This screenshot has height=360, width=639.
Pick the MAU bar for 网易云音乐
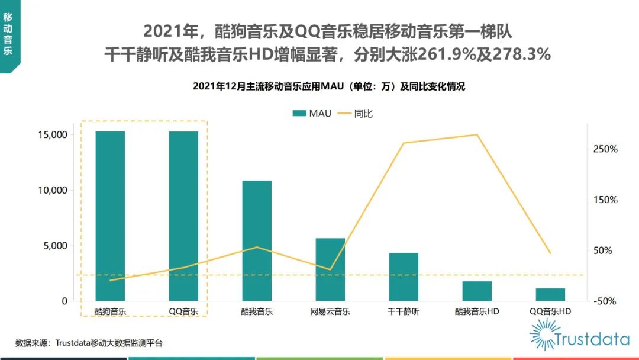pyautogui.click(x=330, y=269)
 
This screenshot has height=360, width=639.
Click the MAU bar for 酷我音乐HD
pyautogui.click(x=477, y=291)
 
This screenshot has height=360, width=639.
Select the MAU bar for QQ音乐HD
pyautogui.click(x=550, y=295)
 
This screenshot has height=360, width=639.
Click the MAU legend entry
pyautogui.click(x=312, y=113)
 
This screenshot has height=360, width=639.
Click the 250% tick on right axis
pyautogui.click(x=605, y=149)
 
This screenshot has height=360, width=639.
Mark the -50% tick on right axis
pyautogui.click(x=605, y=301)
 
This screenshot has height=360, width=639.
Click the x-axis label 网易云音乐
pyautogui.click(x=330, y=311)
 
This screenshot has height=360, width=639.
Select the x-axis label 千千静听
pyautogui.click(x=404, y=311)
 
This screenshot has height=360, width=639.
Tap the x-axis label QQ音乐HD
pyautogui.click(x=550, y=311)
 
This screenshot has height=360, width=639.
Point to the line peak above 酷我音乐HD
pyautogui.click(x=477, y=135)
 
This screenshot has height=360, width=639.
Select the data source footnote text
pyautogui.click(x=89, y=343)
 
